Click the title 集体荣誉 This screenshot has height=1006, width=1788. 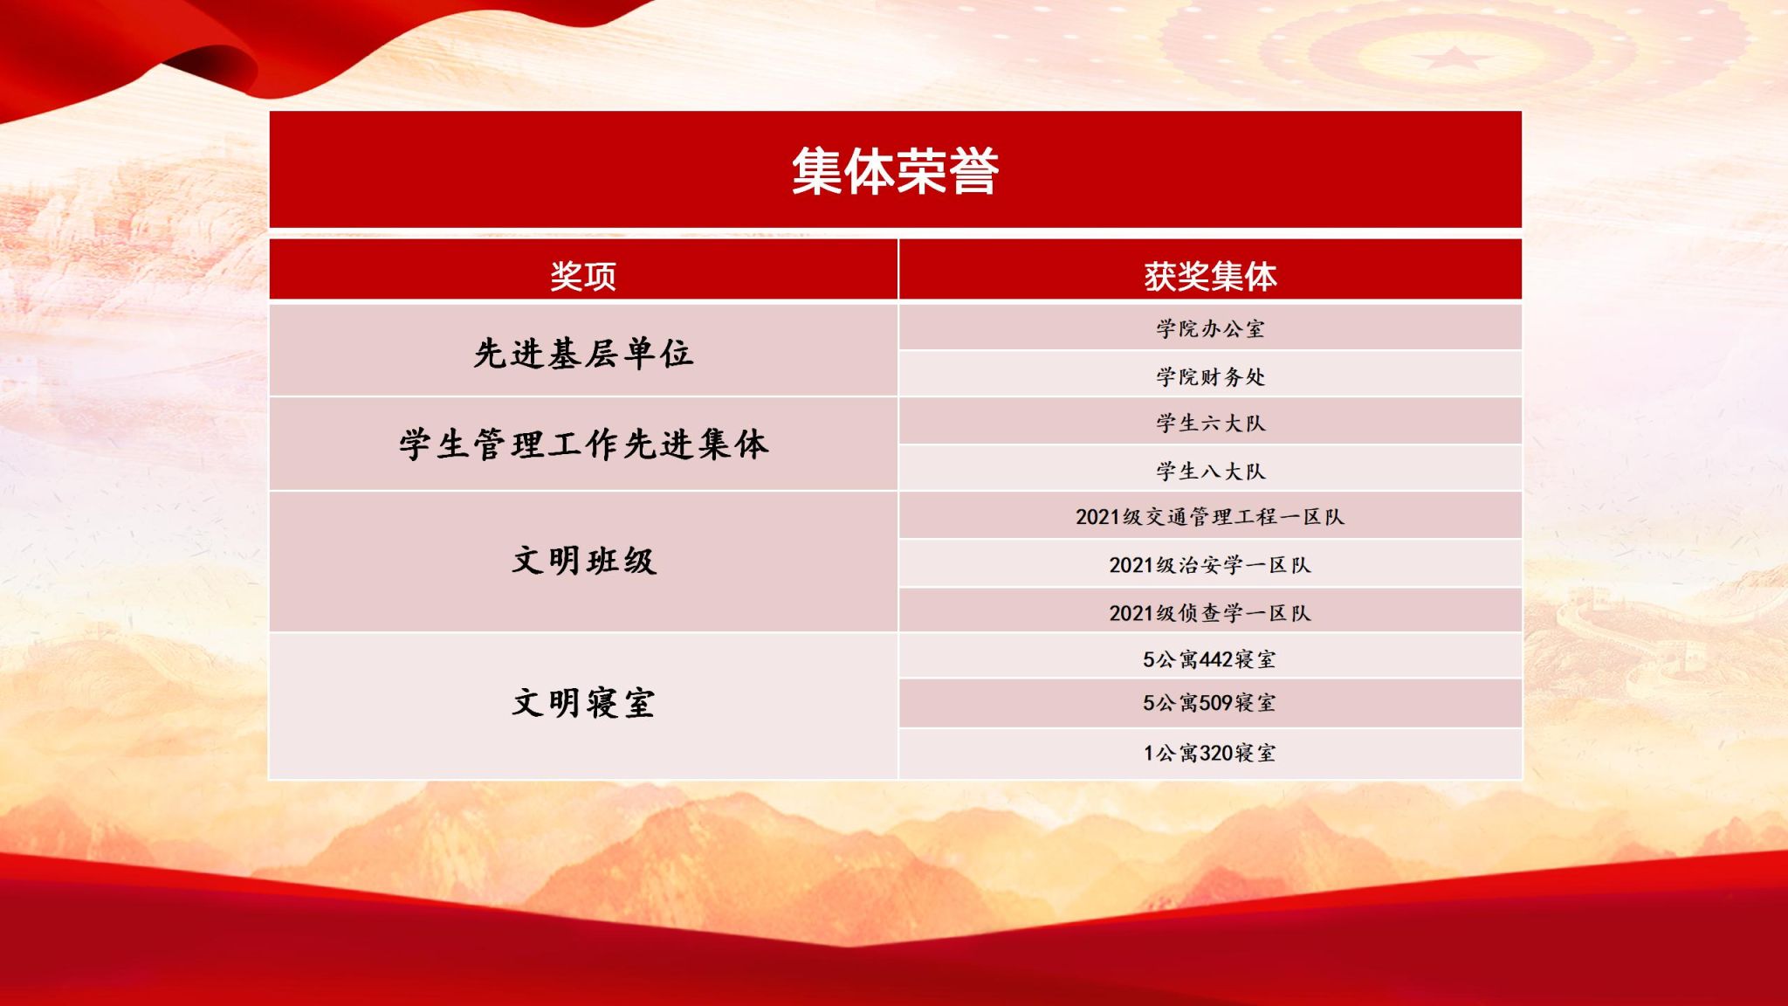click(x=895, y=170)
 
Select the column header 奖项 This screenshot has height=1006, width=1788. click(x=583, y=276)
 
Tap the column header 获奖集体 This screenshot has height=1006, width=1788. click(x=1210, y=276)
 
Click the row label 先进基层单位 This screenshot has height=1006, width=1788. click(x=583, y=354)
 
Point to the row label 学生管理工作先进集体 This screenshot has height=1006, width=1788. click(x=583, y=444)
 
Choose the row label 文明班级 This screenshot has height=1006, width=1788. click(x=583, y=561)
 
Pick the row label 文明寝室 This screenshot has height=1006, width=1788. click(x=583, y=703)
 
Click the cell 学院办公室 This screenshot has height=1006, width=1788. click(x=1210, y=329)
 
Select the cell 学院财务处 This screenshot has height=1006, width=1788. click(x=1210, y=376)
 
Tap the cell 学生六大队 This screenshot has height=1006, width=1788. click(x=1210, y=424)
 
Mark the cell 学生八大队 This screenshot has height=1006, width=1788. click(x=1210, y=472)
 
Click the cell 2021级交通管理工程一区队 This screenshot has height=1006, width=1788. click(x=1210, y=517)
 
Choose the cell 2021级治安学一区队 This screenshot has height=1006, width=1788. click(x=1210, y=565)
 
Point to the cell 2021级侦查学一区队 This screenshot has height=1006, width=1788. click(x=1210, y=613)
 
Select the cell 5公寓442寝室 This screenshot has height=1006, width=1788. click(x=1210, y=659)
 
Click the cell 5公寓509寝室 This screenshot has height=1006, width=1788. click(x=1210, y=703)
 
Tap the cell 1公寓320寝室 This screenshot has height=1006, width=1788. click(x=1210, y=753)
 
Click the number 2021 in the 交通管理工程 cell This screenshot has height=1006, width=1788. click(x=1098, y=517)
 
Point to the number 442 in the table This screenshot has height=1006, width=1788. click(x=1216, y=659)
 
